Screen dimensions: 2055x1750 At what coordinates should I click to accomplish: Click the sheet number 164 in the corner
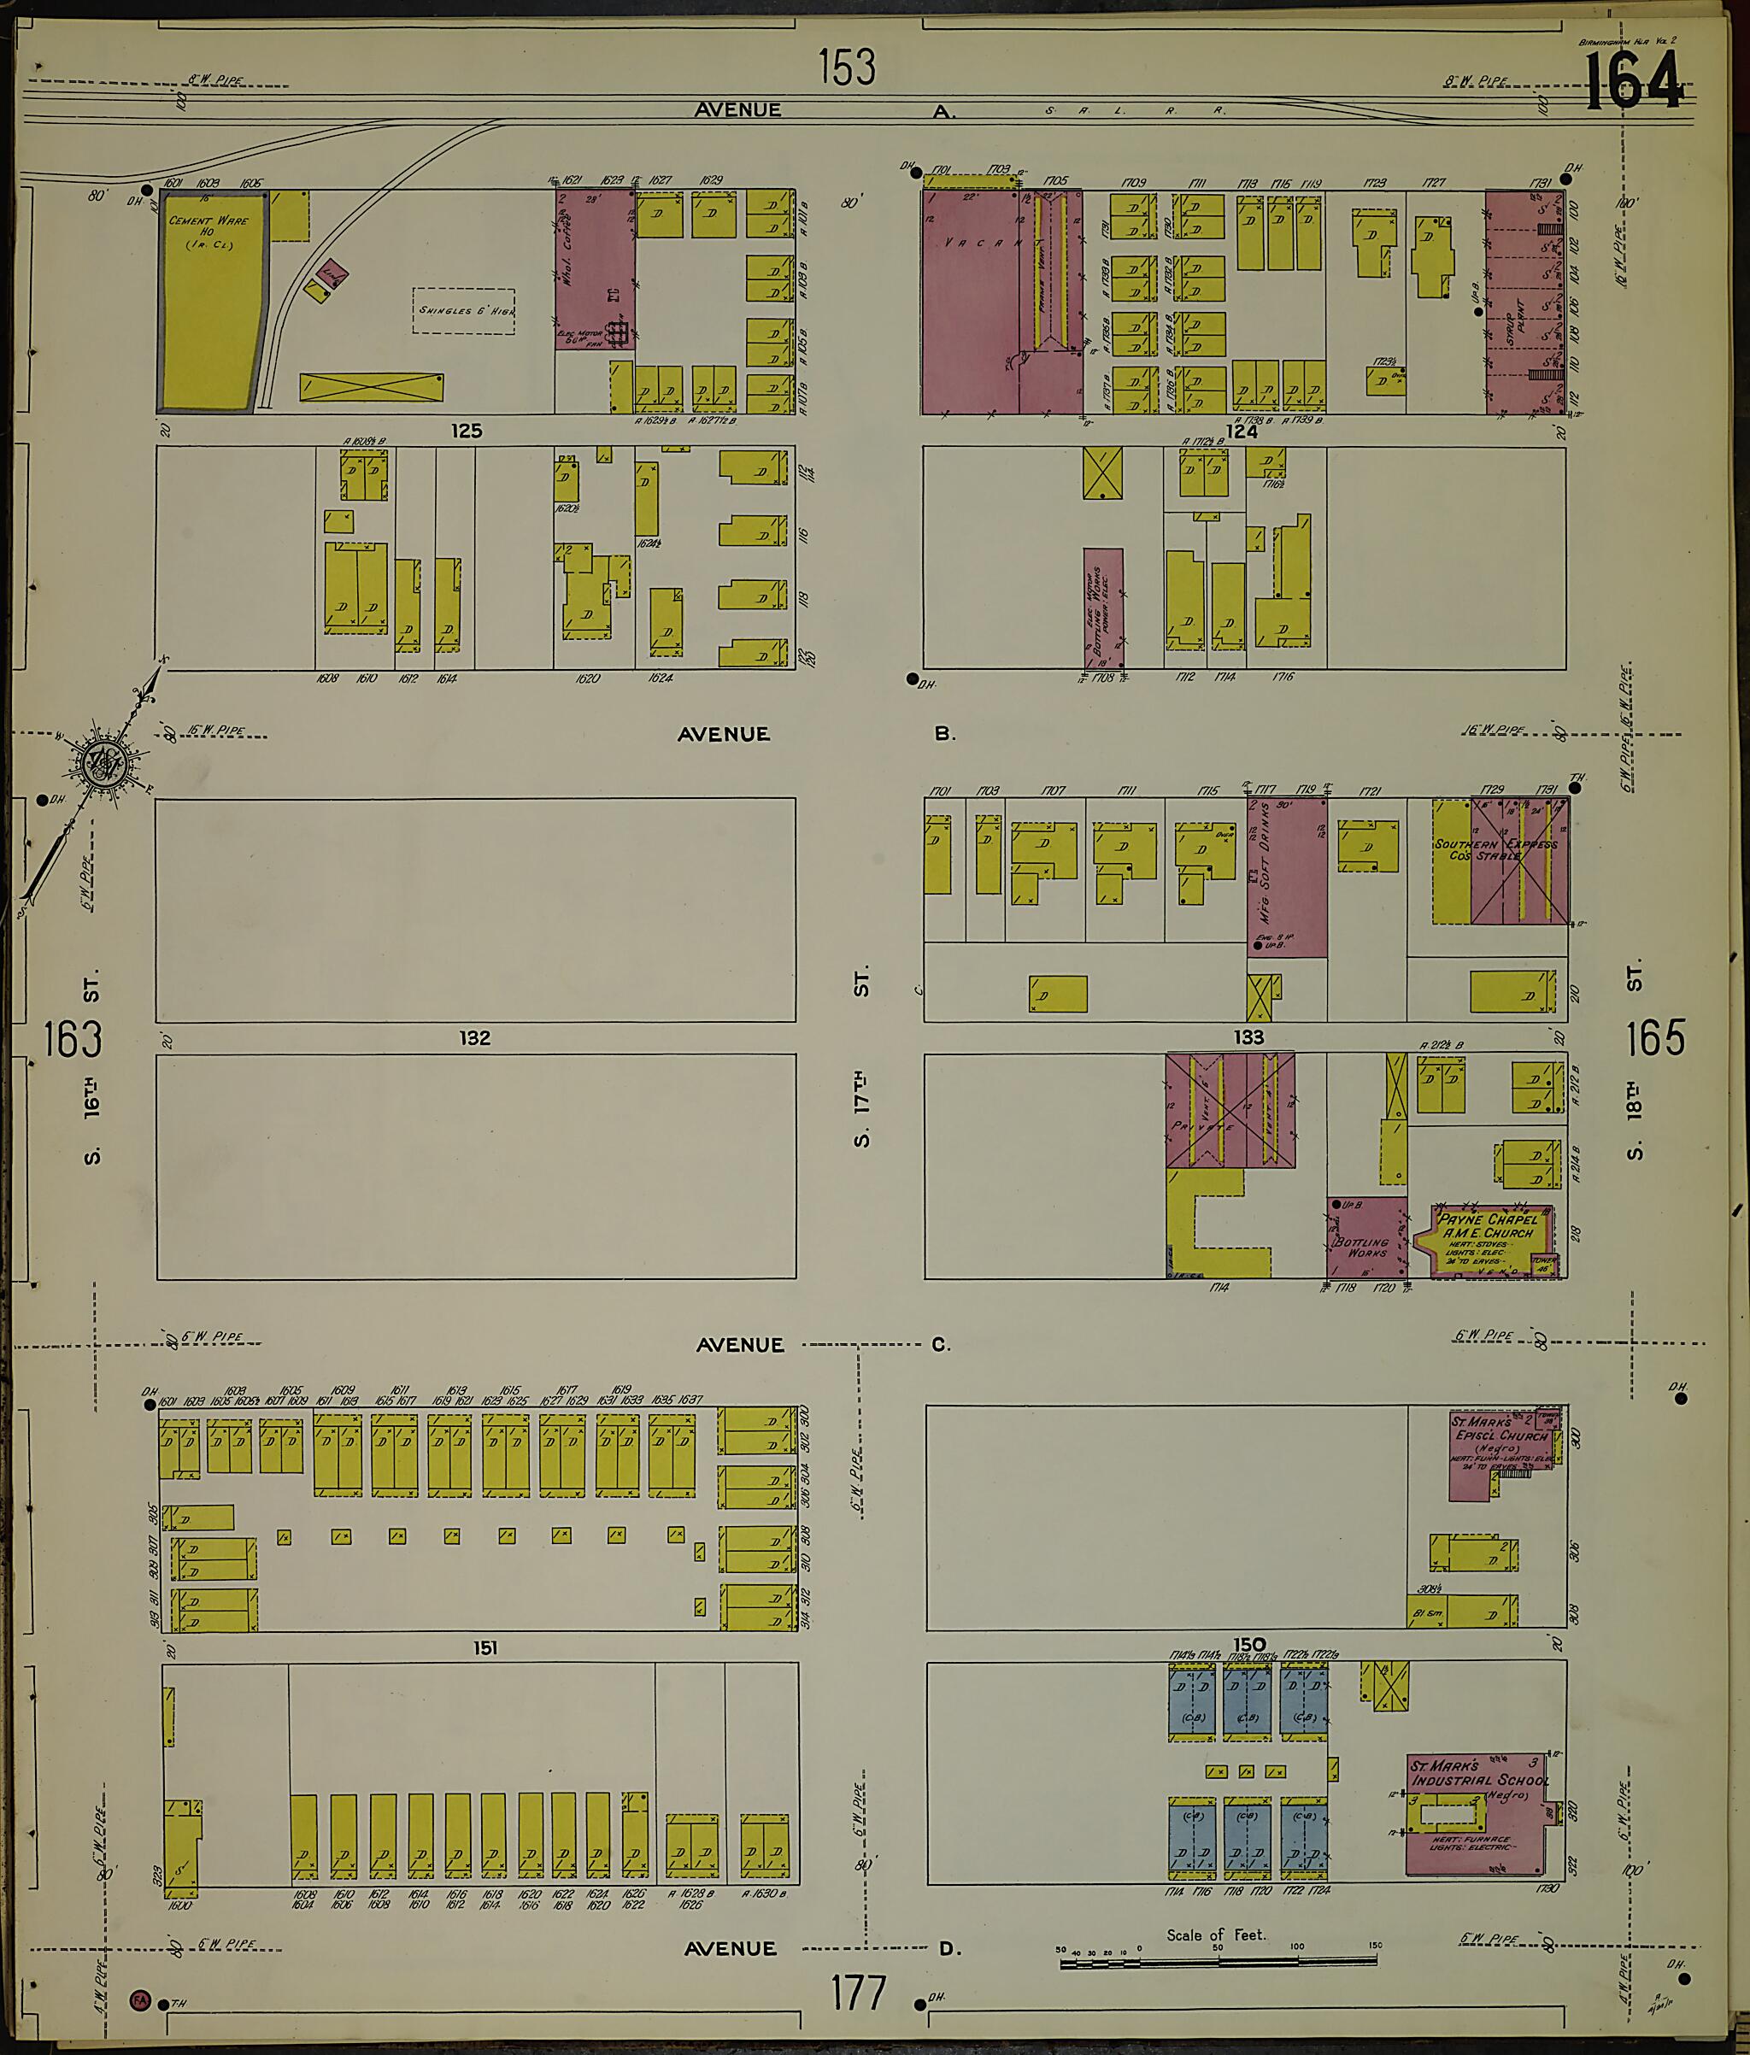(x=1633, y=80)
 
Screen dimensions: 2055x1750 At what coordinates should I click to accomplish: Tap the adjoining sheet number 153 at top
(x=847, y=68)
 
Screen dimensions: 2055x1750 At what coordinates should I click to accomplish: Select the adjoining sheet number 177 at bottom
(x=858, y=1992)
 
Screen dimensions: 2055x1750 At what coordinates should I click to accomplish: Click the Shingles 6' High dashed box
(x=463, y=310)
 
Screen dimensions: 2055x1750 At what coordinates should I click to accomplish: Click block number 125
(x=467, y=431)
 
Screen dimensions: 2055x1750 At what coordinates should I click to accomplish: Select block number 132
(x=474, y=1037)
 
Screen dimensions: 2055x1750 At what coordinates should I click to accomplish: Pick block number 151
(x=484, y=1647)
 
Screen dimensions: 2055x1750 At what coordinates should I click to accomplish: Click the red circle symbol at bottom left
(x=140, y=1999)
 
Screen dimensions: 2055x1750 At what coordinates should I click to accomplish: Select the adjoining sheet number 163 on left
(x=73, y=1039)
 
